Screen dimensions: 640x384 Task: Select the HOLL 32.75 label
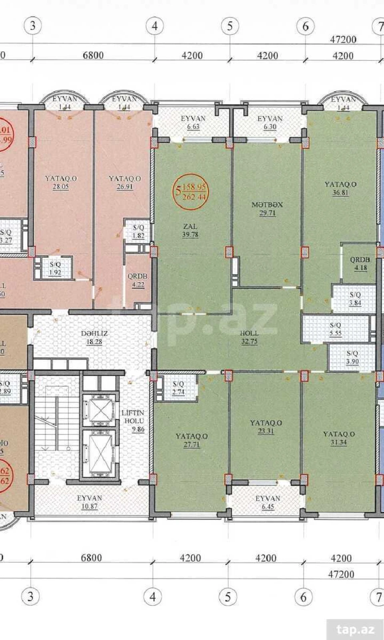249,337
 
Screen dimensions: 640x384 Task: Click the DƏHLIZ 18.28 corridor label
94,337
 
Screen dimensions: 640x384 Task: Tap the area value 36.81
340,193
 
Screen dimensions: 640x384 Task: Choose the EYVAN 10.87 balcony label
90,502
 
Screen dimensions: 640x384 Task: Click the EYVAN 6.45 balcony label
268,502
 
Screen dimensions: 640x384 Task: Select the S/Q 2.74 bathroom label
178,388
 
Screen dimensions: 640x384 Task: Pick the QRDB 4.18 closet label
360,264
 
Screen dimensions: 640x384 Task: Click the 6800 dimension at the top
93,55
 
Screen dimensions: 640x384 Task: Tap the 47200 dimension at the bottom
341,574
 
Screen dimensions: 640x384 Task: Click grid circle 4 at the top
155,26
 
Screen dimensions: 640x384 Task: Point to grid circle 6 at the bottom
304,597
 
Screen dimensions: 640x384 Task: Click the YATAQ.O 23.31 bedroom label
266,427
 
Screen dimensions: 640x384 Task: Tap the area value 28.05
60,187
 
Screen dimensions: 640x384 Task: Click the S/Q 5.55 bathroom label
335,329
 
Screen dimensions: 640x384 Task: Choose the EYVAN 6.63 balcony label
193,122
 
